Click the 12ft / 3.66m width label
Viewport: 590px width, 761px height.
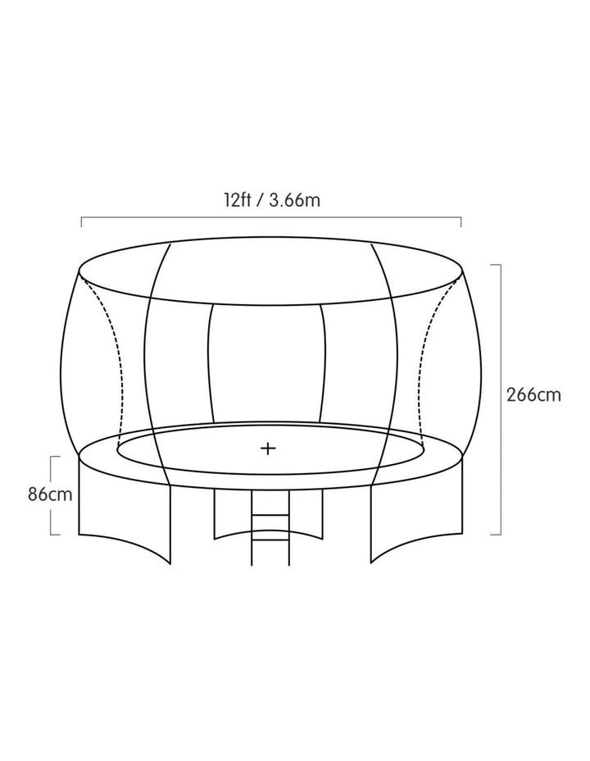[271, 199]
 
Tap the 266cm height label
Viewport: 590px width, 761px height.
[533, 394]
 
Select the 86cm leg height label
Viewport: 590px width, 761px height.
[50, 494]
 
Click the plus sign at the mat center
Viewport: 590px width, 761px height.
[268, 448]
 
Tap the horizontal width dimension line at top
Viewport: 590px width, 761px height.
[271, 218]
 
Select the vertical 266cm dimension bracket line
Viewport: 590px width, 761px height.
[501, 399]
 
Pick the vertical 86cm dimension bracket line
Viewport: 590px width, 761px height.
[51, 495]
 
